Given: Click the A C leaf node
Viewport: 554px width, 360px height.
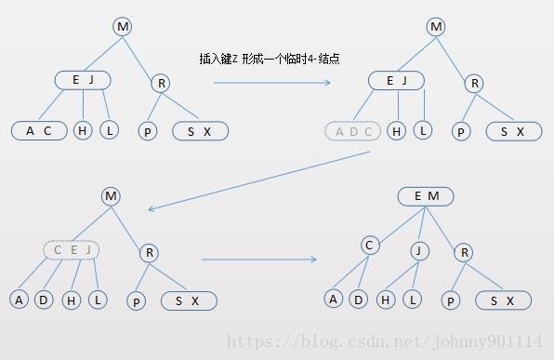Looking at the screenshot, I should click(40, 130).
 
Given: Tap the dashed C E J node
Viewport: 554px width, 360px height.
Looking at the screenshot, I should click(71, 249).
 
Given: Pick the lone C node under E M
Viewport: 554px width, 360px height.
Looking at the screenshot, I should click(370, 246).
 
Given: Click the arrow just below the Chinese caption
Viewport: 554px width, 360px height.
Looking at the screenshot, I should click(271, 83).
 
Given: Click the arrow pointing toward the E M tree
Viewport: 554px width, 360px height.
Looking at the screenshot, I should click(259, 260).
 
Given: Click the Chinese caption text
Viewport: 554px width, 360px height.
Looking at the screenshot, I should click(269, 58).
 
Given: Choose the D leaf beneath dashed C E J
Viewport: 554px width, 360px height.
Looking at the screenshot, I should click(44, 300).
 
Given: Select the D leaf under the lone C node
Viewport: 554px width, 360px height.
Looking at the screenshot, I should click(358, 299).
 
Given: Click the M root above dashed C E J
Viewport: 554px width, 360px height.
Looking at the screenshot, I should click(112, 196).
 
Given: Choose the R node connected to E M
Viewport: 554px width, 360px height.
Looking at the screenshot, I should click(465, 252).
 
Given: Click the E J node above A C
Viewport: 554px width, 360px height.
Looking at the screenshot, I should click(83, 80).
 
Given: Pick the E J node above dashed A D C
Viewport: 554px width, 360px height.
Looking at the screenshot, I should click(397, 81).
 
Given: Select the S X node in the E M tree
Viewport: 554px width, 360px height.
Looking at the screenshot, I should click(503, 300).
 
